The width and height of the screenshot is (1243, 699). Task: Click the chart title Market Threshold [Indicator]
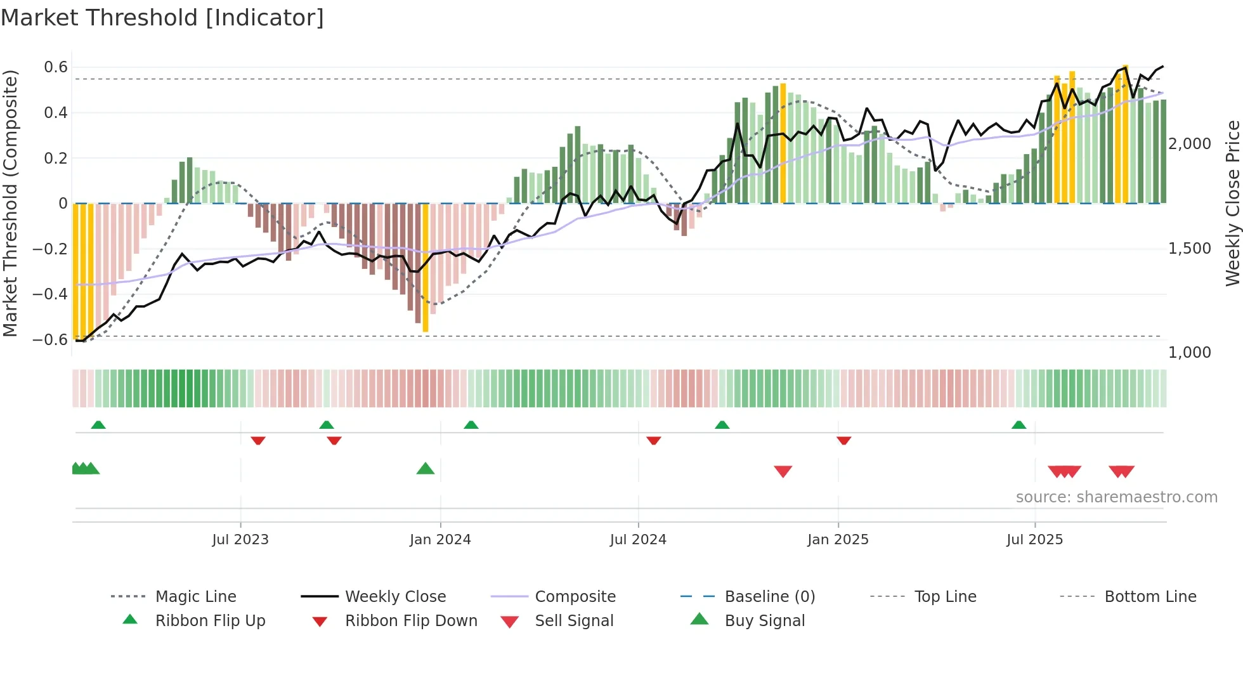point(162,18)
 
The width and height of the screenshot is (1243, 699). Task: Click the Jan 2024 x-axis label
point(440,539)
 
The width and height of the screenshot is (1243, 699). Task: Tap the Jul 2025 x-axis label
point(1034,539)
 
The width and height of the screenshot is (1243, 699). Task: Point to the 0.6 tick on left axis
point(56,67)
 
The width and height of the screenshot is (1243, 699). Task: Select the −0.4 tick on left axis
point(50,294)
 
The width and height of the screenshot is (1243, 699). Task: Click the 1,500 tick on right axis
point(1189,248)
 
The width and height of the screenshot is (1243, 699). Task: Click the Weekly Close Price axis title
point(1232,203)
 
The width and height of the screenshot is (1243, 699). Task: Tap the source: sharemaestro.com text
point(1116,497)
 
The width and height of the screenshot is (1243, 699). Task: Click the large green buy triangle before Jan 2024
point(426,469)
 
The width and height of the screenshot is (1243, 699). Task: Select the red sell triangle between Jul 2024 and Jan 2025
point(783,471)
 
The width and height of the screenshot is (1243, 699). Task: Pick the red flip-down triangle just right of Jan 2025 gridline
point(843,440)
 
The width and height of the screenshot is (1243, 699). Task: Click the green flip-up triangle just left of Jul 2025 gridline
point(1018,425)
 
